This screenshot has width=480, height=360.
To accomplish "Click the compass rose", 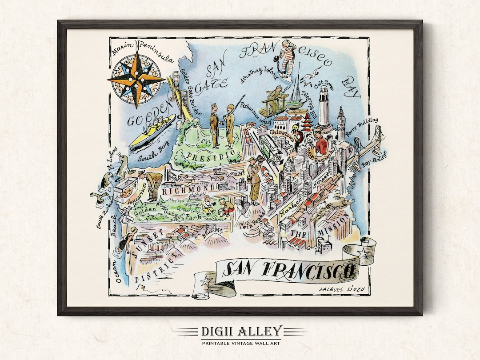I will [136, 79].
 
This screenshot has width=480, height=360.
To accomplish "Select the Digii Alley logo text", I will [240, 331].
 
